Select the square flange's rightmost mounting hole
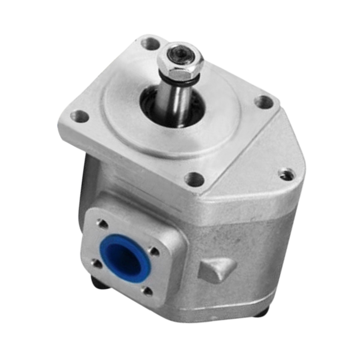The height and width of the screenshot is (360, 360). [x=263, y=102]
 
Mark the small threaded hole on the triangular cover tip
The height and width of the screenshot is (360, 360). [x=287, y=174]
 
